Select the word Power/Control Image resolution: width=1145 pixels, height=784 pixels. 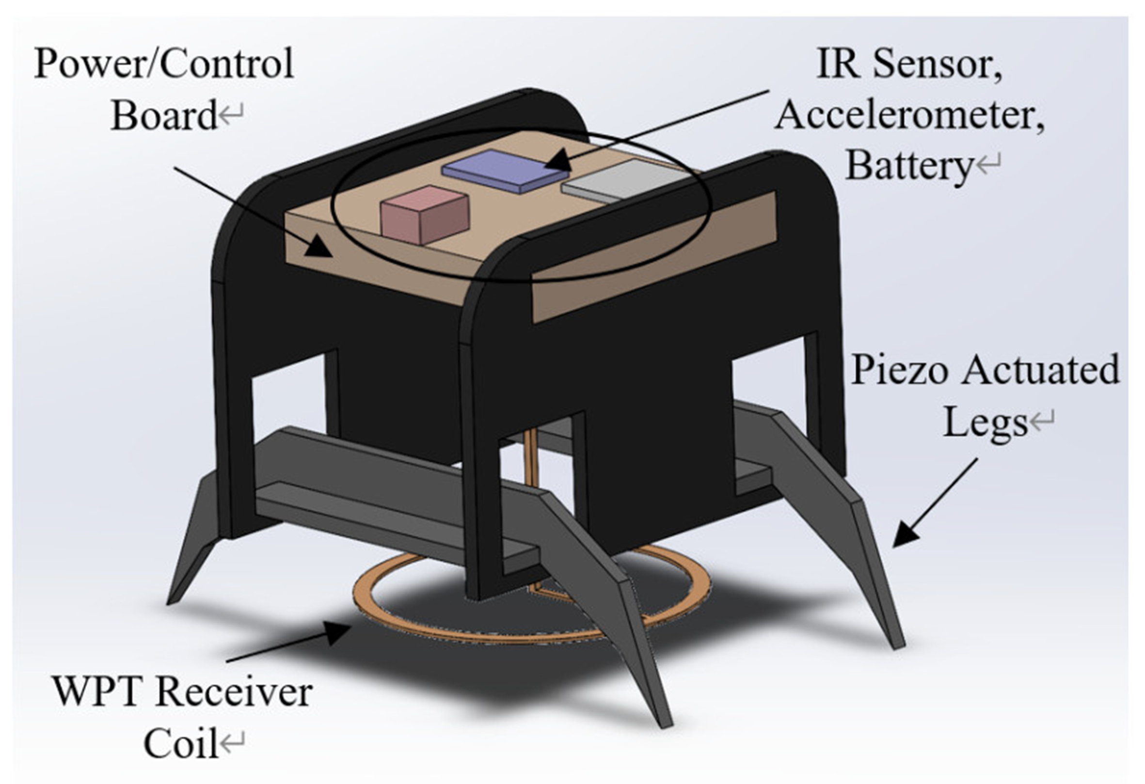163,64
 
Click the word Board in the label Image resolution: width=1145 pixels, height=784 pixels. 163,116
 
